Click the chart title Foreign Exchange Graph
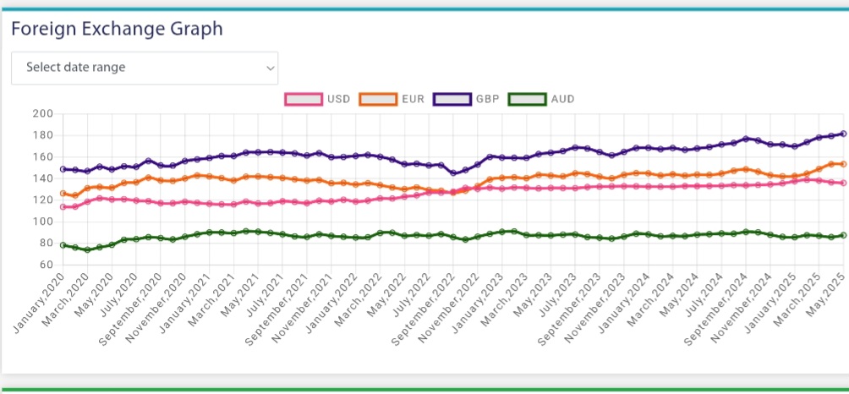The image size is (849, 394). tap(117, 29)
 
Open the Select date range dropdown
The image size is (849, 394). tap(144, 67)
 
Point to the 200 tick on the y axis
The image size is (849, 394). tap(41, 114)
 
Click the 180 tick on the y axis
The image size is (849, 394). tap(41, 135)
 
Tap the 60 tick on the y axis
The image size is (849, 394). tap(45, 265)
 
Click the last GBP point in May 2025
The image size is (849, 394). tap(844, 134)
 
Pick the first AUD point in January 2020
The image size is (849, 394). tap(63, 245)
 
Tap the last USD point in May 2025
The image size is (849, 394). tap(844, 183)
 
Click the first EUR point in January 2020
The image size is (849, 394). tap(63, 194)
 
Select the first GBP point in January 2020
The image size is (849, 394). tap(63, 169)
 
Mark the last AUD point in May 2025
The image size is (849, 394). tap(844, 235)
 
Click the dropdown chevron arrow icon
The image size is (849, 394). tap(270, 67)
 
